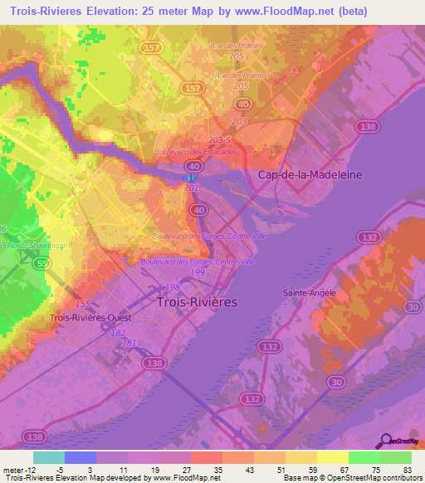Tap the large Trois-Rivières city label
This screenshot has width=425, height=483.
coord(197,303)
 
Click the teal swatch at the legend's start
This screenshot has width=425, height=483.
coord(49,456)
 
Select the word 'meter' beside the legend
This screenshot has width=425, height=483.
coord(12,469)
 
